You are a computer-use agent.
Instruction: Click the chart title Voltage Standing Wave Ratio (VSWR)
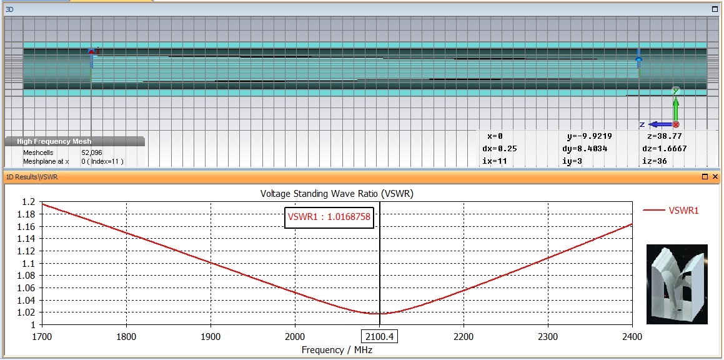pos(337,194)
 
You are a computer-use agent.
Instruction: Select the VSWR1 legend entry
pos(683,211)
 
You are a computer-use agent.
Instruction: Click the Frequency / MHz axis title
pos(337,350)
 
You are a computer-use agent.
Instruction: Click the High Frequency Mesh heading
pos(54,142)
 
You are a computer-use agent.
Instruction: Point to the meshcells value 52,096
pos(92,152)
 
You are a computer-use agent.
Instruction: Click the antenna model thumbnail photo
pos(677,284)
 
